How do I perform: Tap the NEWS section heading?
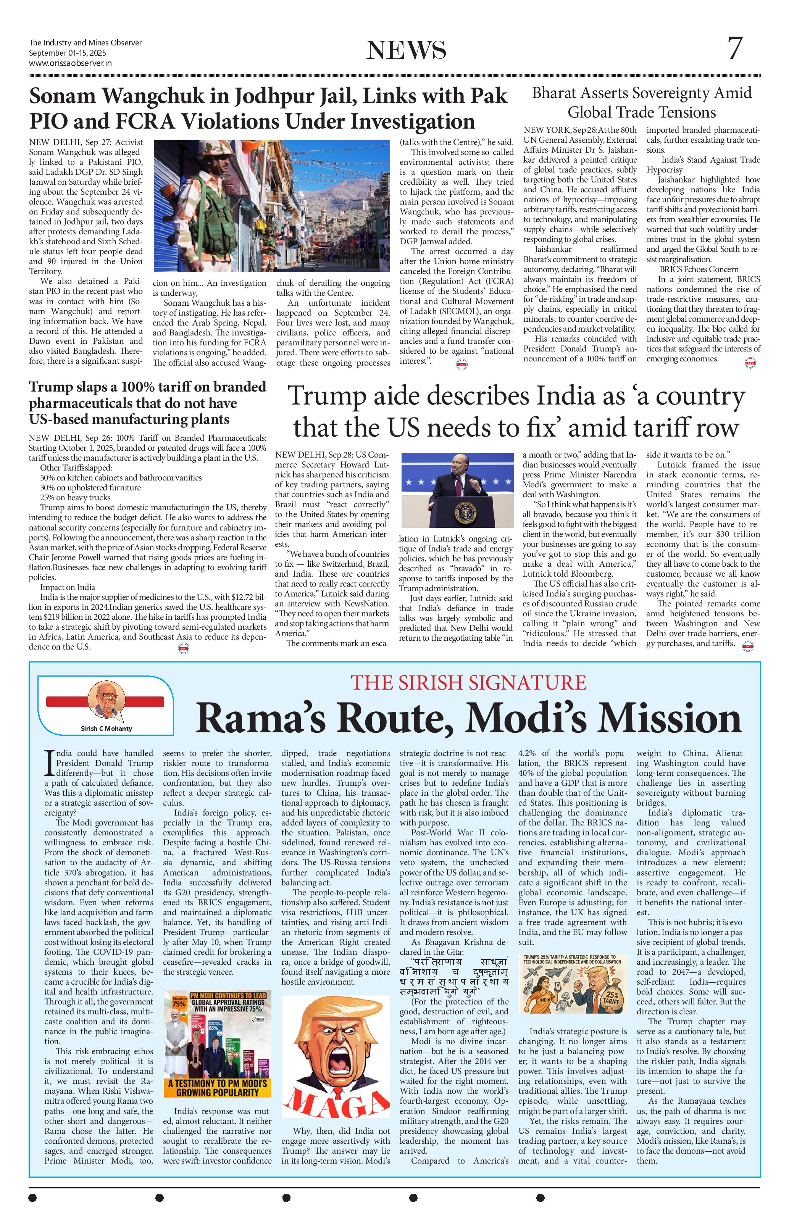click(x=406, y=50)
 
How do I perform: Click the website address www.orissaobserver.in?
click(x=70, y=63)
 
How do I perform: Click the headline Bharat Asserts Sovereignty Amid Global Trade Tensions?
click(x=642, y=102)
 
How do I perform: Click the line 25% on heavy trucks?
click(x=75, y=497)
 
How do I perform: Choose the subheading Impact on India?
click(x=68, y=587)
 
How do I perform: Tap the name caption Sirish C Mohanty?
click(x=106, y=728)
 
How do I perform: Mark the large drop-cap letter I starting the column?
click(x=49, y=762)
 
